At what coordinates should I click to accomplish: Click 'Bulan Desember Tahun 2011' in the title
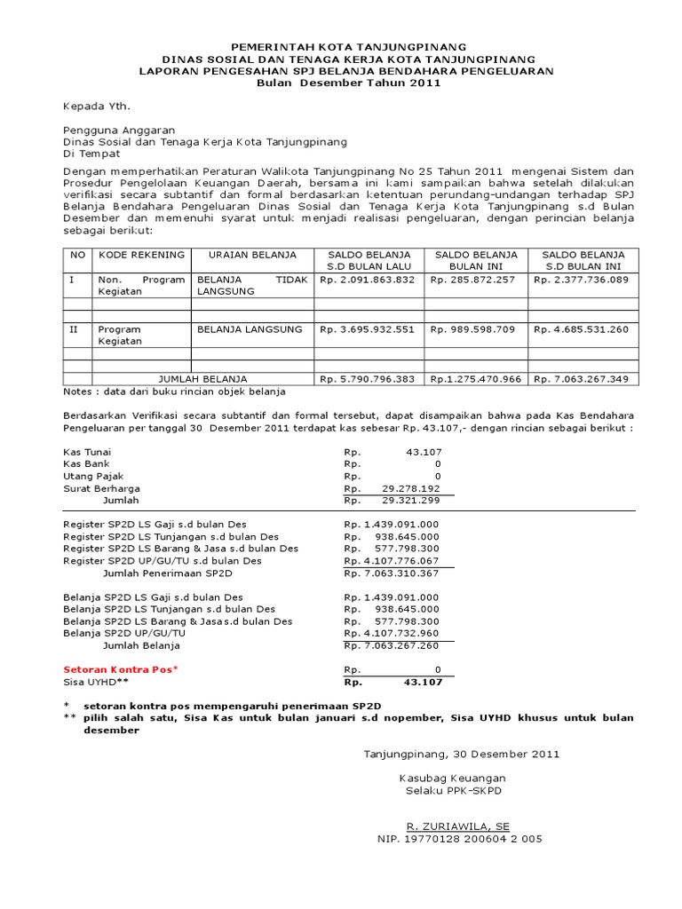348,83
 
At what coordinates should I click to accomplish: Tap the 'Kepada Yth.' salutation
96,107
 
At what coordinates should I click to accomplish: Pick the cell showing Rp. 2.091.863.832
368,279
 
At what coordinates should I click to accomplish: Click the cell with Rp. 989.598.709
473,329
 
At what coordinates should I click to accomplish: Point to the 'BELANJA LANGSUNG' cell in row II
250,329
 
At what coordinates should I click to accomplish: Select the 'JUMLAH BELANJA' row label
202,379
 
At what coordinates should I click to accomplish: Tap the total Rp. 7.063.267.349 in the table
581,379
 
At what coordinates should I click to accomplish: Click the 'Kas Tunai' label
87,452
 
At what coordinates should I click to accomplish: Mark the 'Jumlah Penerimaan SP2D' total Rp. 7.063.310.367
393,573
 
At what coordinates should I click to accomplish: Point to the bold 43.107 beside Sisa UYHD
422,682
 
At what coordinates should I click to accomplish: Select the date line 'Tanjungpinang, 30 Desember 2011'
462,755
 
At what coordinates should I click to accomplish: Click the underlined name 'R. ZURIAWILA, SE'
459,826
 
